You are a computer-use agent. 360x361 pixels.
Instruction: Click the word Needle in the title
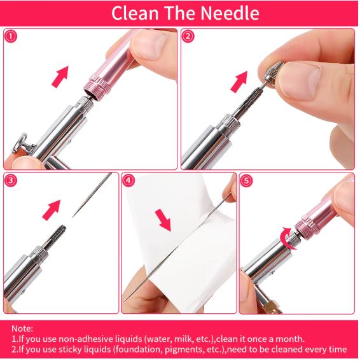point(230,13)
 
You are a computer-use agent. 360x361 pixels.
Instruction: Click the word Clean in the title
point(135,13)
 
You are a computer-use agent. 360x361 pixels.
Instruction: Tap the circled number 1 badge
point(11,36)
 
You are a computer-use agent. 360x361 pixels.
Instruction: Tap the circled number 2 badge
point(188,36)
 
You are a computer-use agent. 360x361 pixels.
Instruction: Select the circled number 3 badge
point(11,180)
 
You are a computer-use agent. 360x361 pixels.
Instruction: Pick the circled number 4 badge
point(128,180)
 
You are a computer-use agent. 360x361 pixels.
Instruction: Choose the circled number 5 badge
point(246,180)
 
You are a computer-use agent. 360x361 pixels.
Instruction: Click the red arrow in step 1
point(60,76)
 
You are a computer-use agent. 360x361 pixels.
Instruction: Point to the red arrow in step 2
point(239,81)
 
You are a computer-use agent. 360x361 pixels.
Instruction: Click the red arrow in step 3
point(52,209)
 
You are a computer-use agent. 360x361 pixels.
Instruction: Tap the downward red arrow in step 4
point(163,220)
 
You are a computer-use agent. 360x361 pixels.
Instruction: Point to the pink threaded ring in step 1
point(97,88)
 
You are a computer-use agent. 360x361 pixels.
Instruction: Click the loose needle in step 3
point(92,195)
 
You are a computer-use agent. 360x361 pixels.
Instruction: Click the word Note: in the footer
point(22,328)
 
